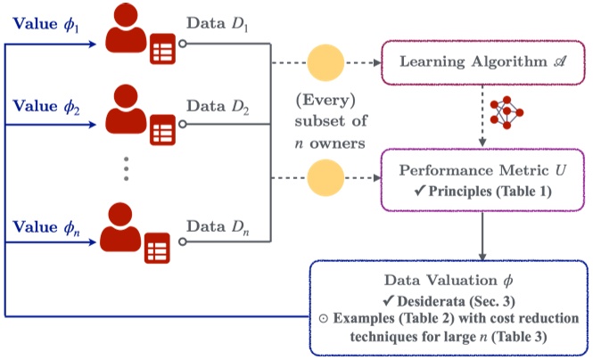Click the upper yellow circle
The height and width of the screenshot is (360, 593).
pyautogui.click(x=325, y=62)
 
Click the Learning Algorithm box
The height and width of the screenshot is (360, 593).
pyautogui.click(x=483, y=62)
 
